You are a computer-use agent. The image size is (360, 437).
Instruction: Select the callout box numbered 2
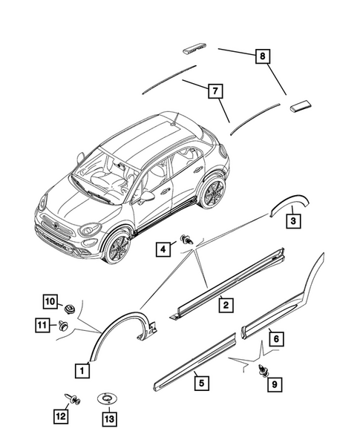pyautogui.click(x=222, y=304)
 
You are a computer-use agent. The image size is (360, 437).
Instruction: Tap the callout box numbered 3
pyautogui.click(x=293, y=221)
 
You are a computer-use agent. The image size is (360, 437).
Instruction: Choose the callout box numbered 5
pyautogui.click(x=200, y=383)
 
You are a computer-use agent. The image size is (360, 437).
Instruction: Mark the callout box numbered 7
pyautogui.click(x=214, y=91)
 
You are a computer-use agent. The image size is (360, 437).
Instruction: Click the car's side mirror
pyautogui.click(x=147, y=197)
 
